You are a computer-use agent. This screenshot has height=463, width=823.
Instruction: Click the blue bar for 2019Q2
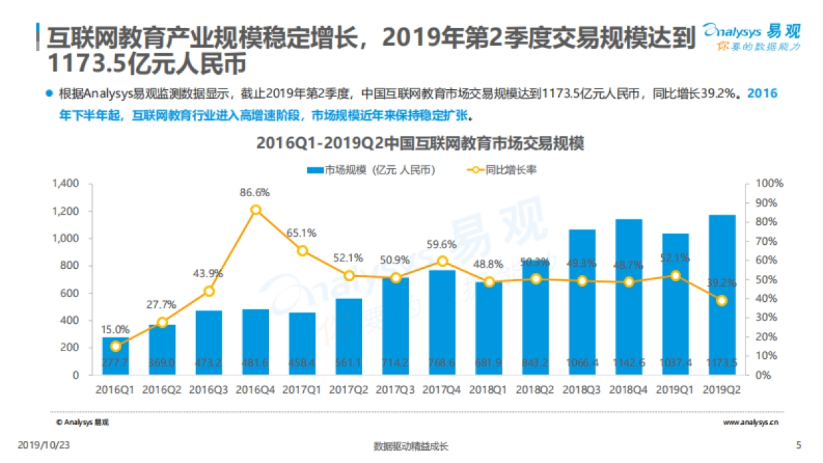pyautogui.click(x=722, y=295)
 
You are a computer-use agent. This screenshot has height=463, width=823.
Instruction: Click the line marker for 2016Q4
pyautogui.click(x=256, y=210)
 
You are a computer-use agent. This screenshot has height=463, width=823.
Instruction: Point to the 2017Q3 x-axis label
pyautogui.click(x=396, y=390)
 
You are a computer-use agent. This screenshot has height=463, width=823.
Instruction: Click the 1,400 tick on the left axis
pyautogui.click(x=65, y=184)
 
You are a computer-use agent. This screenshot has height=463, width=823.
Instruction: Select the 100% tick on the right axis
pyautogui.click(x=769, y=184)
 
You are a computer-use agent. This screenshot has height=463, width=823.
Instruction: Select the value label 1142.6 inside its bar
pyautogui.click(x=629, y=362)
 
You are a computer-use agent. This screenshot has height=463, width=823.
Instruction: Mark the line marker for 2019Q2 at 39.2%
pyautogui.click(x=722, y=300)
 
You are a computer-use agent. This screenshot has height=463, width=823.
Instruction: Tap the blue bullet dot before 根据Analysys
pyautogui.click(x=48, y=94)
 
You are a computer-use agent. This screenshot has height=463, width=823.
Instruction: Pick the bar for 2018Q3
pyautogui.click(x=582, y=302)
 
